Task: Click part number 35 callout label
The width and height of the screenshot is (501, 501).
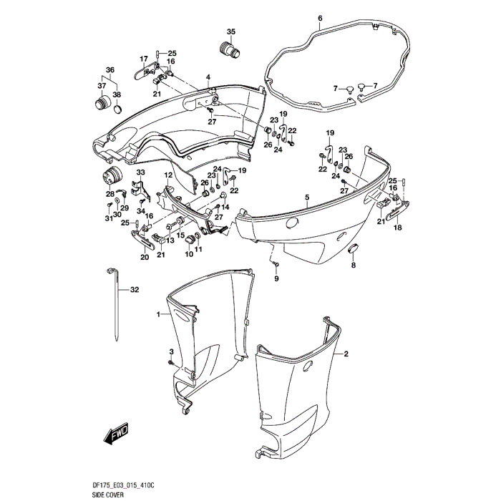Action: tap(231, 31)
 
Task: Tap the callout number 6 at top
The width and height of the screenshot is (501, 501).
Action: tap(320, 18)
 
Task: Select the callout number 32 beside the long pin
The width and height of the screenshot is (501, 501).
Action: tap(133, 290)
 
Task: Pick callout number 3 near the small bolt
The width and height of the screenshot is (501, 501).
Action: tap(171, 351)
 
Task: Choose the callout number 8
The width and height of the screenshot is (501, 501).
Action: tap(352, 266)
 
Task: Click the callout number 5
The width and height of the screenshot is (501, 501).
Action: tap(306, 197)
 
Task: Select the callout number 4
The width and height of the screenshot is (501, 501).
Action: tap(208, 77)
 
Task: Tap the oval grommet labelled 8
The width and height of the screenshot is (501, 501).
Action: tap(352, 248)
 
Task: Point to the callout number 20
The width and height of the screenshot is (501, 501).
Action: tap(145, 258)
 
